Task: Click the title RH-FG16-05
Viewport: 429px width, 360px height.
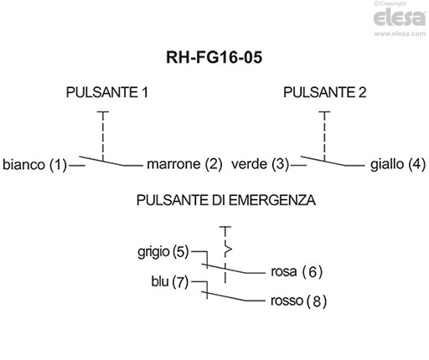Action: click(x=214, y=59)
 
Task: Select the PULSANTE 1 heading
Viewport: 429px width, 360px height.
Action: click(x=107, y=93)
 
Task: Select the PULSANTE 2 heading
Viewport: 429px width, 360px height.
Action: click(x=324, y=93)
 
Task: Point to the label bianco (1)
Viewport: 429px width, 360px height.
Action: click(x=34, y=164)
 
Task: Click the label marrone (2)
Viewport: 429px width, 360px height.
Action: click(x=184, y=164)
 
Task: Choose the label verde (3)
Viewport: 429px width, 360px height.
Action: click(x=260, y=164)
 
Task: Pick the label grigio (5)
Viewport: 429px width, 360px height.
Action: click(x=163, y=251)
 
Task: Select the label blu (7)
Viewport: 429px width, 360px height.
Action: click(x=171, y=282)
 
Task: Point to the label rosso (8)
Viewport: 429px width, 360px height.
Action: click(x=298, y=301)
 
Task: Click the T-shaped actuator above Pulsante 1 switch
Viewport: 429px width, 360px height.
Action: click(x=102, y=112)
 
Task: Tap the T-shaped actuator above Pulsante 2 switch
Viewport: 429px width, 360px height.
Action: click(x=325, y=112)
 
